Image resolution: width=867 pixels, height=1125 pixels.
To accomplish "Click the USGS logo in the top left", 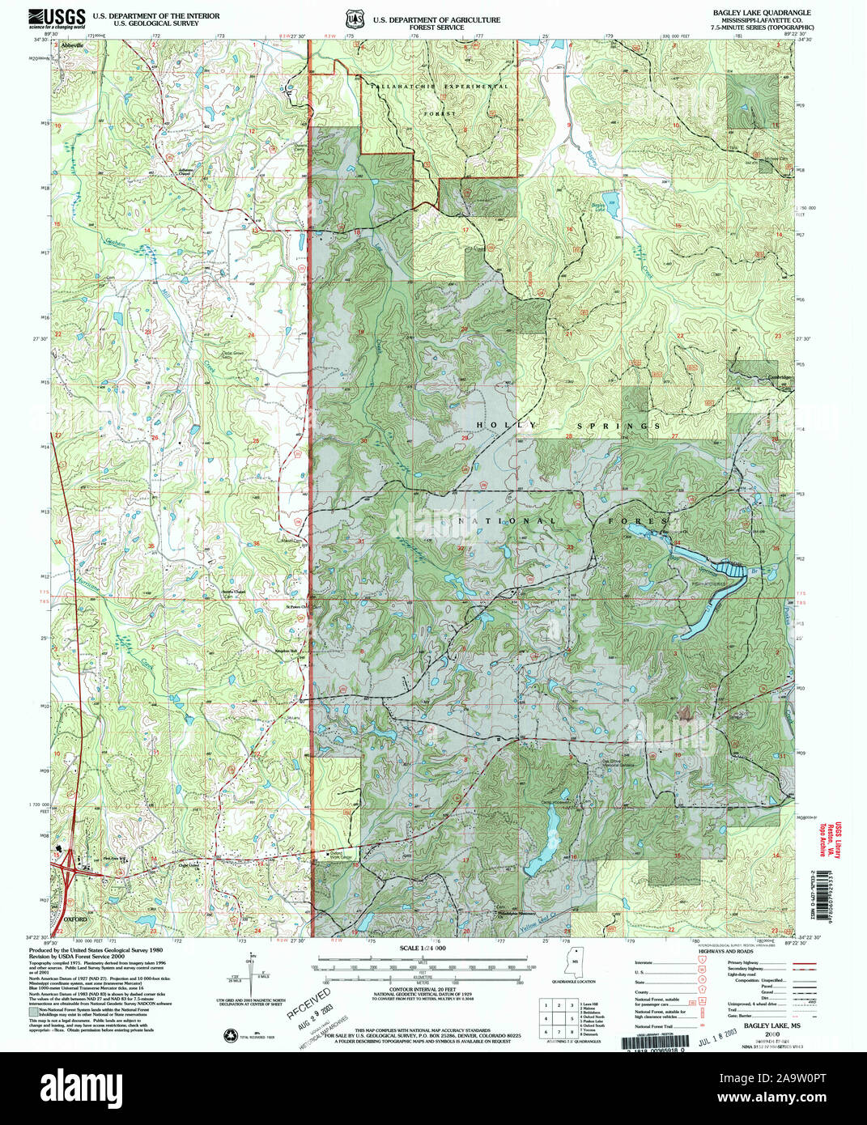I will [x=56, y=18].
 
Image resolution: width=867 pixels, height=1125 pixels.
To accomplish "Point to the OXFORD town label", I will [x=74, y=920].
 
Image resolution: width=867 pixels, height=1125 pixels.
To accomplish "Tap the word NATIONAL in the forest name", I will [x=516, y=520].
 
